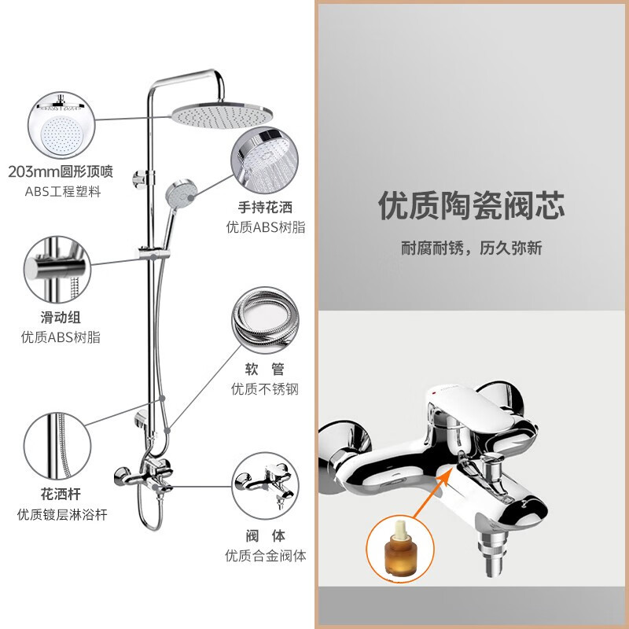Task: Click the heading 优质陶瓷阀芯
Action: (x=472, y=206)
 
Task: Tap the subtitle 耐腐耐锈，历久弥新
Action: (x=472, y=248)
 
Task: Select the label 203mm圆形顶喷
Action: (x=61, y=171)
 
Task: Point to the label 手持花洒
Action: (x=266, y=208)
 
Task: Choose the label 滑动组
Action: (x=61, y=318)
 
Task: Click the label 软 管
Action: (x=265, y=369)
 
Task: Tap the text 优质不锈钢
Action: (x=265, y=388)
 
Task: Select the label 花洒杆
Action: (x=61, y=495)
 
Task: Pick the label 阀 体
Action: (x=265, y=536)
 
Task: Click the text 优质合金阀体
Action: (x=265, y=556)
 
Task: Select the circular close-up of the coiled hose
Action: (x=265, y=318)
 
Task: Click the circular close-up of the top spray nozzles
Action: (x=61, y=125)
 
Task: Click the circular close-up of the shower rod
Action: (x=61, y=444)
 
